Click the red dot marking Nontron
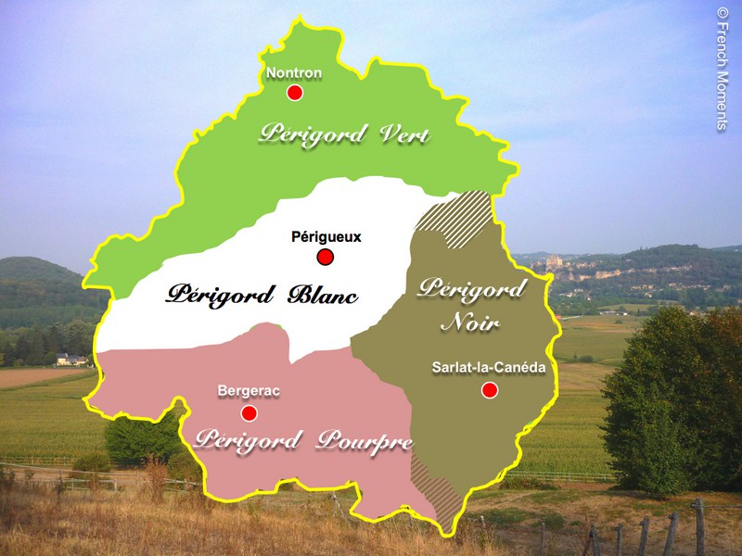(295, 93)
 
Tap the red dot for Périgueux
(325, 257)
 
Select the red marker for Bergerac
(249, 412)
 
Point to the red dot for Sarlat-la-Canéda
(490, 390)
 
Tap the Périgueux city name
(326, 237)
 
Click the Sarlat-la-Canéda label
(488, 368)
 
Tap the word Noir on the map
(470, 323)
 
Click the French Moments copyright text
(723, 69)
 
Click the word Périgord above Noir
(471, 289)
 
